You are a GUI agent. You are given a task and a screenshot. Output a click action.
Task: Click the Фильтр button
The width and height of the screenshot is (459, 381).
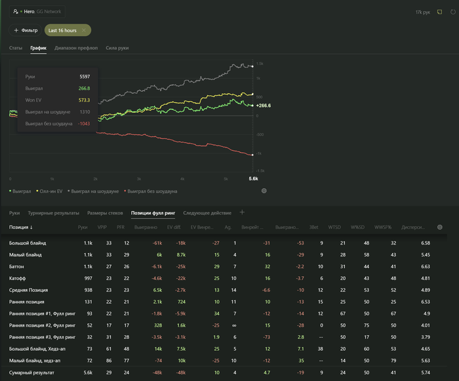point(26,30)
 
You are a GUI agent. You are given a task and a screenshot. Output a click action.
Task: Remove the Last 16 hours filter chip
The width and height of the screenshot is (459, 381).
point(84,30)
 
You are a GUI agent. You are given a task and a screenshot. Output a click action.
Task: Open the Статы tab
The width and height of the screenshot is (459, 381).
point(16,49)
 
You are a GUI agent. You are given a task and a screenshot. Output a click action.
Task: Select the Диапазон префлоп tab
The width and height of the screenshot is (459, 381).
point(76,49)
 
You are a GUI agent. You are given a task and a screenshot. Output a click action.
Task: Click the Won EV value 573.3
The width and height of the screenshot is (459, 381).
point(84,100)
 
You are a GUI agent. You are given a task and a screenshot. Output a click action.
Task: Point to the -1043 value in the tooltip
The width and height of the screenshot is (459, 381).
point(83,123)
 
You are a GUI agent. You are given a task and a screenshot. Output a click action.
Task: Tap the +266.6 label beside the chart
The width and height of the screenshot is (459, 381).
point(263,105)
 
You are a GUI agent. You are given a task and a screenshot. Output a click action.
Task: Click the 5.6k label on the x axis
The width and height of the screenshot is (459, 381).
point(253,178)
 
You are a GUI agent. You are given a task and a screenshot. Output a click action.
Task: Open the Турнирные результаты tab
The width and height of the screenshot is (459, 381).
point(53,213)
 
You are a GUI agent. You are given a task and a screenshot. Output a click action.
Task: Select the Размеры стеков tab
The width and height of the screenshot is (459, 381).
point(105,213)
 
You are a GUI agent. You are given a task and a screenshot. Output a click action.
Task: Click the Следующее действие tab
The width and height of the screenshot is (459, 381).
point(208,213)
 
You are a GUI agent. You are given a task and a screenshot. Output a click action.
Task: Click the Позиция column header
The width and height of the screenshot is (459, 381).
point(21,228)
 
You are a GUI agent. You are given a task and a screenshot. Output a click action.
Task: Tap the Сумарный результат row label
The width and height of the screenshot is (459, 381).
point(31,372)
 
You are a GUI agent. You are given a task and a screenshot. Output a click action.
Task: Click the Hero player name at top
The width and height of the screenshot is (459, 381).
point(29,12)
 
